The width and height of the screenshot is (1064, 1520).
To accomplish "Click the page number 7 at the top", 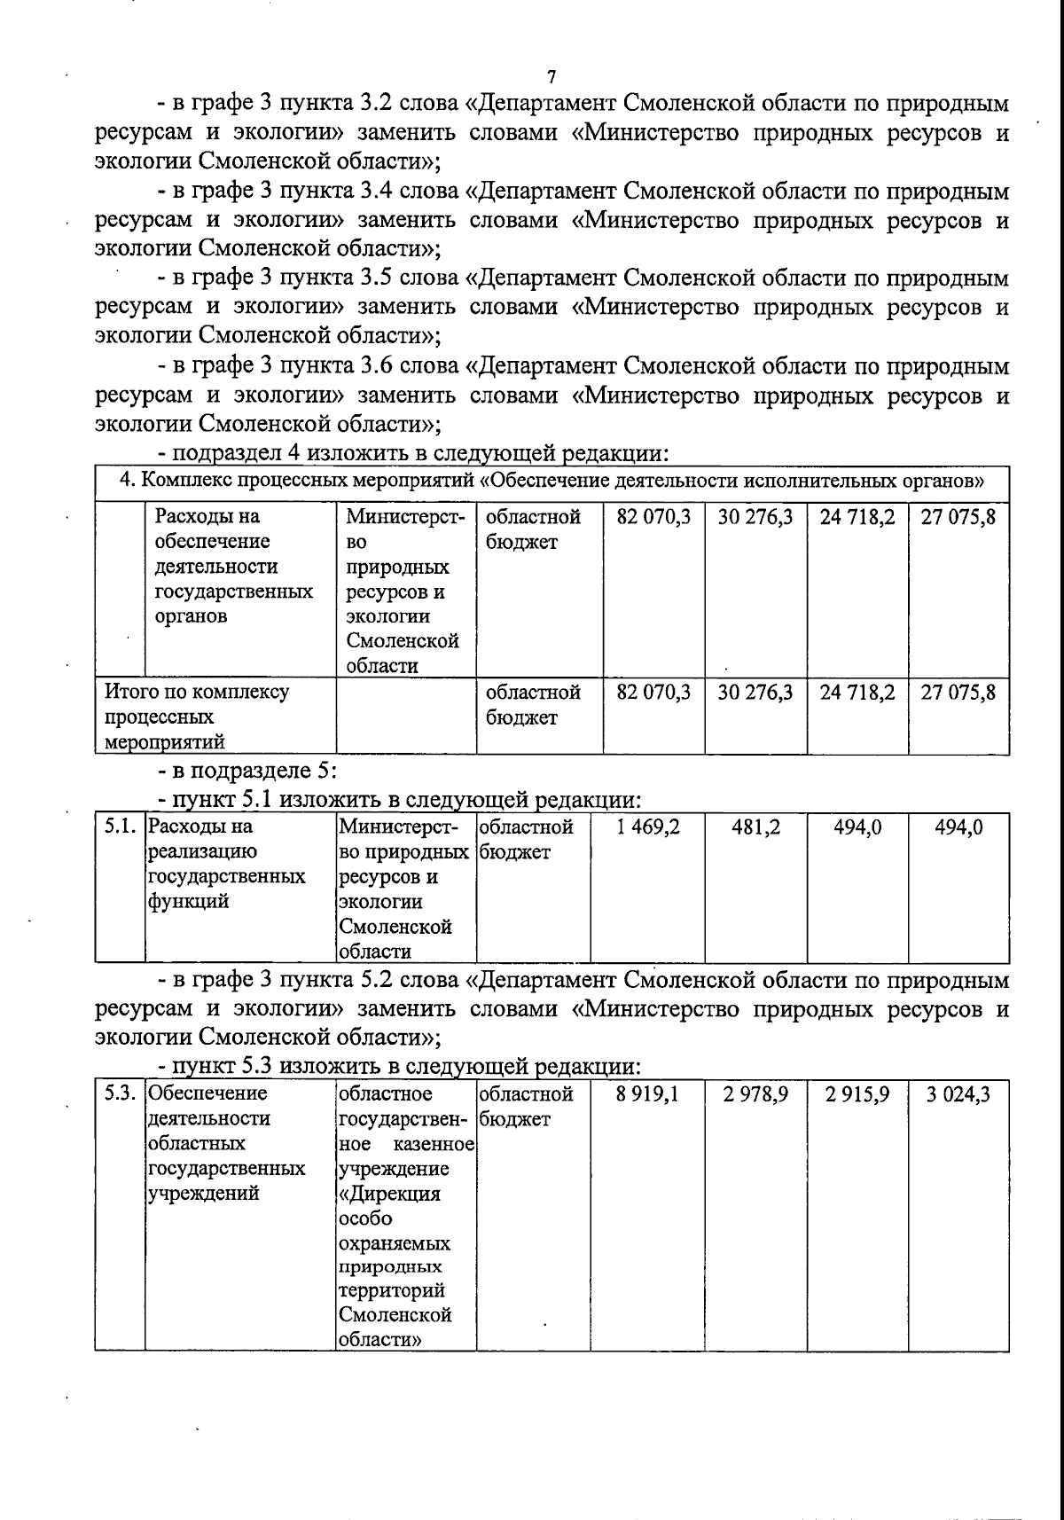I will [552, 76].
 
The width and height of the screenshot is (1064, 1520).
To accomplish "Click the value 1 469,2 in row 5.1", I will [648, 827].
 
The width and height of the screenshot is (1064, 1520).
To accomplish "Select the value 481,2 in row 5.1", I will [755, 827].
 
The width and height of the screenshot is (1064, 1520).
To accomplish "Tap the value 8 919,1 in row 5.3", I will [647, 1094].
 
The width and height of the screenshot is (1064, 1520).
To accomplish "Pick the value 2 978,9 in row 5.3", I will [755, 1094].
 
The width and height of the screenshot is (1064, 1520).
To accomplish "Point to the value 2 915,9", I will [857, 1094].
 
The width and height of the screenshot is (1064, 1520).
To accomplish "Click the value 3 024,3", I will [958, 1094].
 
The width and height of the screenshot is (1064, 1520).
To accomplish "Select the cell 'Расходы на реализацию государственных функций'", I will [226, 864].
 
